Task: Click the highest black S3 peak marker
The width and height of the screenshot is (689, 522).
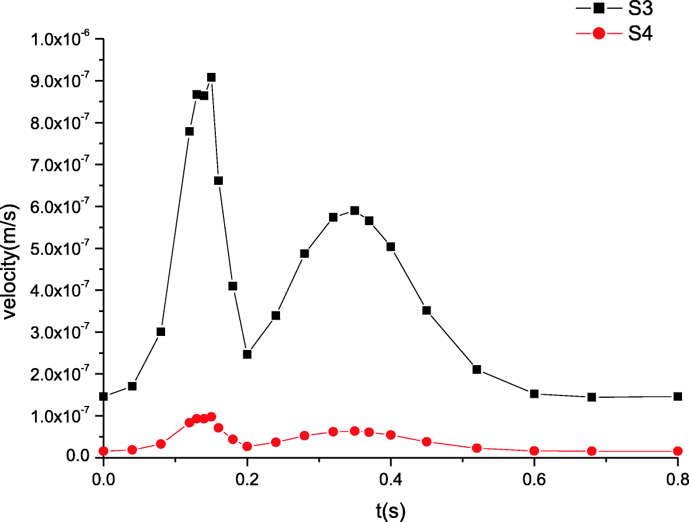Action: pos(211,77)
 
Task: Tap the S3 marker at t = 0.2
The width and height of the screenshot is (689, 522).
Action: pos(247,354)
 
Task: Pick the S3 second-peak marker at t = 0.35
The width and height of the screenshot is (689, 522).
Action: pos(354,211)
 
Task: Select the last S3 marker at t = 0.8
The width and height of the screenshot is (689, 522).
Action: pos(677,397)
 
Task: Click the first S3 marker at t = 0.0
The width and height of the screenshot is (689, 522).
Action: pos(104,397)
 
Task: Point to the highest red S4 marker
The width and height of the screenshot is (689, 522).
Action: pos(211,416)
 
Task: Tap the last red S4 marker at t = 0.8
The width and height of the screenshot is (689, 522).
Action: pos(677,451)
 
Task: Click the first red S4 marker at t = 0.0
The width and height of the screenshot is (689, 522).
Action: pos(104,451)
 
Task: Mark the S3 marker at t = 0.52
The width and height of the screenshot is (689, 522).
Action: pos(477,369)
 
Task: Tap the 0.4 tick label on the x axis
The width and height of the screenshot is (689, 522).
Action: pos(390,479)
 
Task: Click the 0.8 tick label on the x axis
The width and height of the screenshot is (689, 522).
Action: pos(677,479)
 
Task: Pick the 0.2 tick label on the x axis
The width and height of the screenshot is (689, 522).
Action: pos(247,479)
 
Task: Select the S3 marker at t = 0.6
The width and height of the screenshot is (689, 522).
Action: pos(534,394)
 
